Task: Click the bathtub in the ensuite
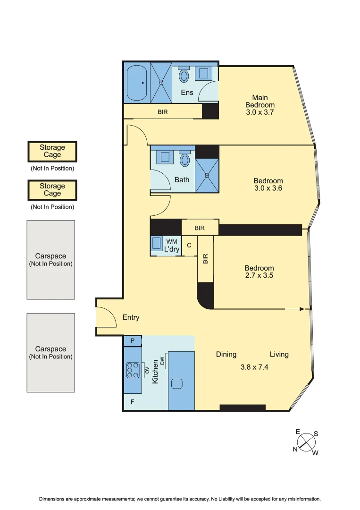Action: [137, 83]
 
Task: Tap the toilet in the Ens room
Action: [184, 75]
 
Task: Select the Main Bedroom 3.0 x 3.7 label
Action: [260, 105]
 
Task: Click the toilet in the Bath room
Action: [185, 159]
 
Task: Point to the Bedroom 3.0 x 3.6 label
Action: [268, 184]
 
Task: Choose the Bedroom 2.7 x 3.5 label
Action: [259, 271]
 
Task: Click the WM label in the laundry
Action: [172, 242]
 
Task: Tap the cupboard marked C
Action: [189, 246]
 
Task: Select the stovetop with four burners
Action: [133, 370]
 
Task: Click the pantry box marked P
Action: [133, 341]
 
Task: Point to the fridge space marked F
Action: [132, 402]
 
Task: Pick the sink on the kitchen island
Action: [177, 384]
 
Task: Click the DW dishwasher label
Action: [162, 361]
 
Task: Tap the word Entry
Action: [131, 317]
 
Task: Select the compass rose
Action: [307, 442]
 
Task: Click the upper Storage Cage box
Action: [52, 151]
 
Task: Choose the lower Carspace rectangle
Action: [50, 352]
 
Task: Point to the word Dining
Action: [226, 354]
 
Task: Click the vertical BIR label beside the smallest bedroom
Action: [205, 259]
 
